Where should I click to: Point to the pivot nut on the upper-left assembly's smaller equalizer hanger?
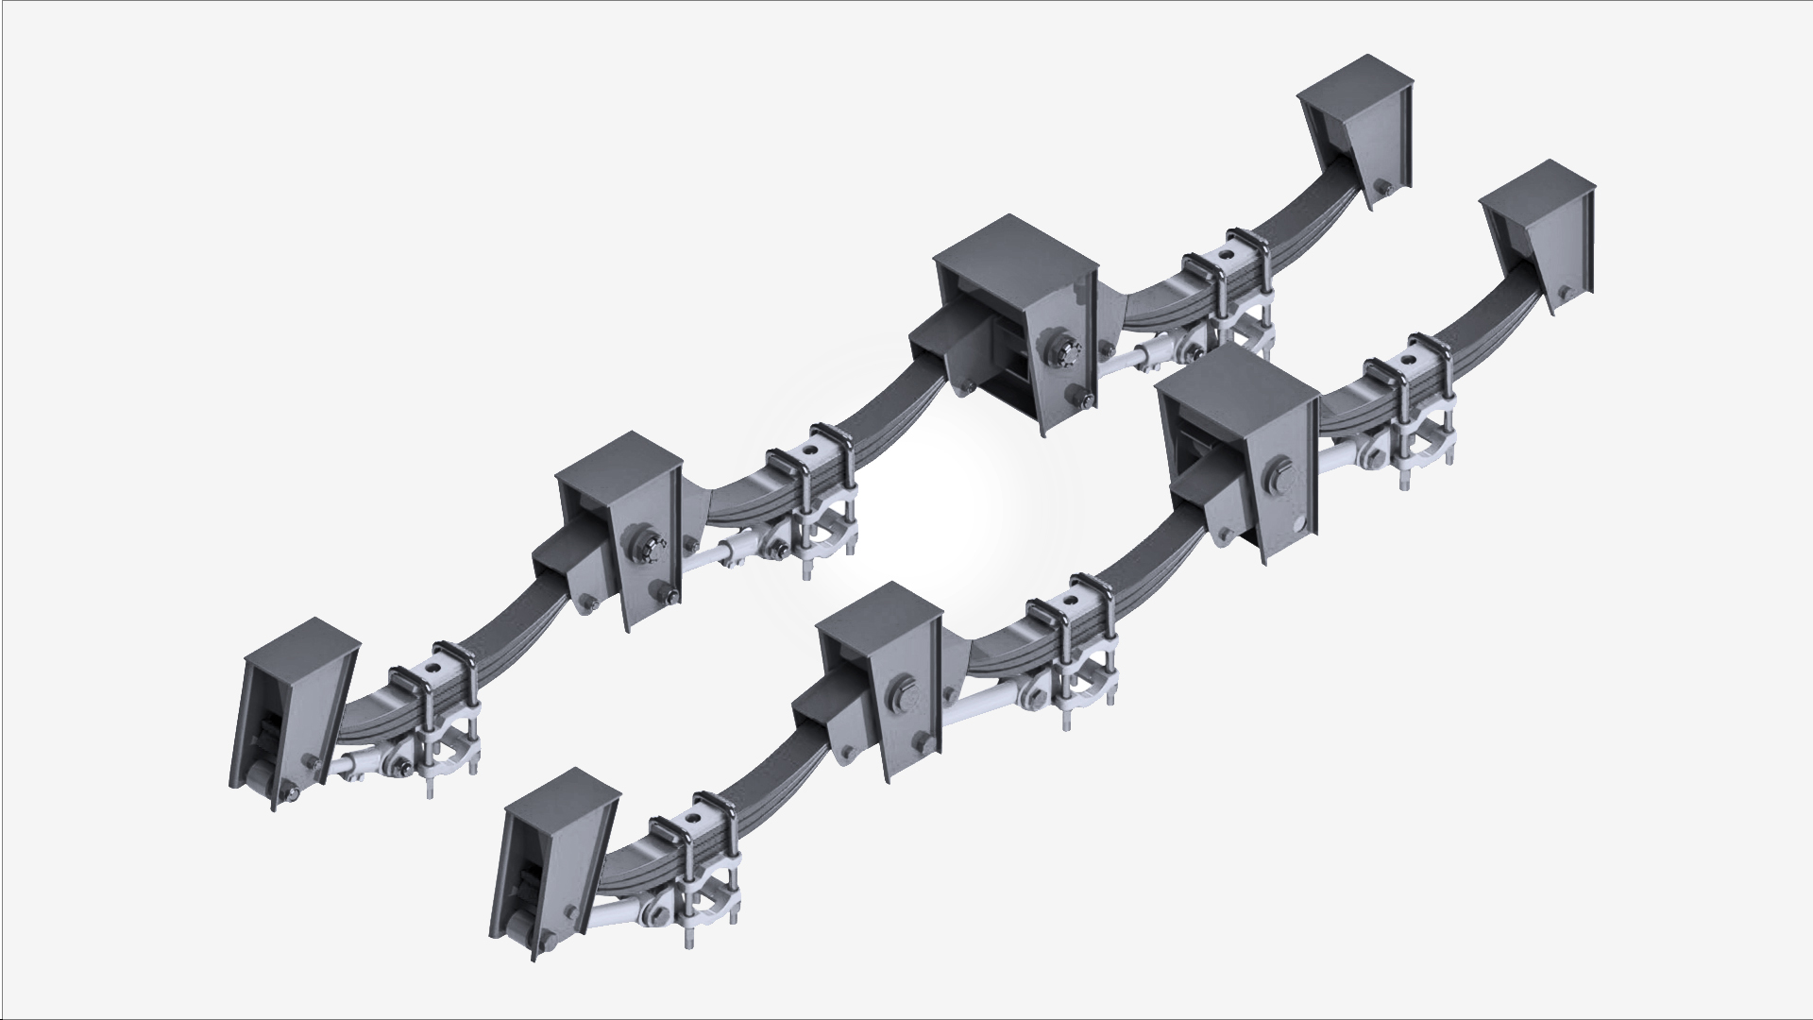651,547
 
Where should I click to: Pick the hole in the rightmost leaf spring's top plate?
1409,359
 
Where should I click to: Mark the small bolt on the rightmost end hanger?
1564,292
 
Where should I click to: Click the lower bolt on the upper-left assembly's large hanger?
1079,400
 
